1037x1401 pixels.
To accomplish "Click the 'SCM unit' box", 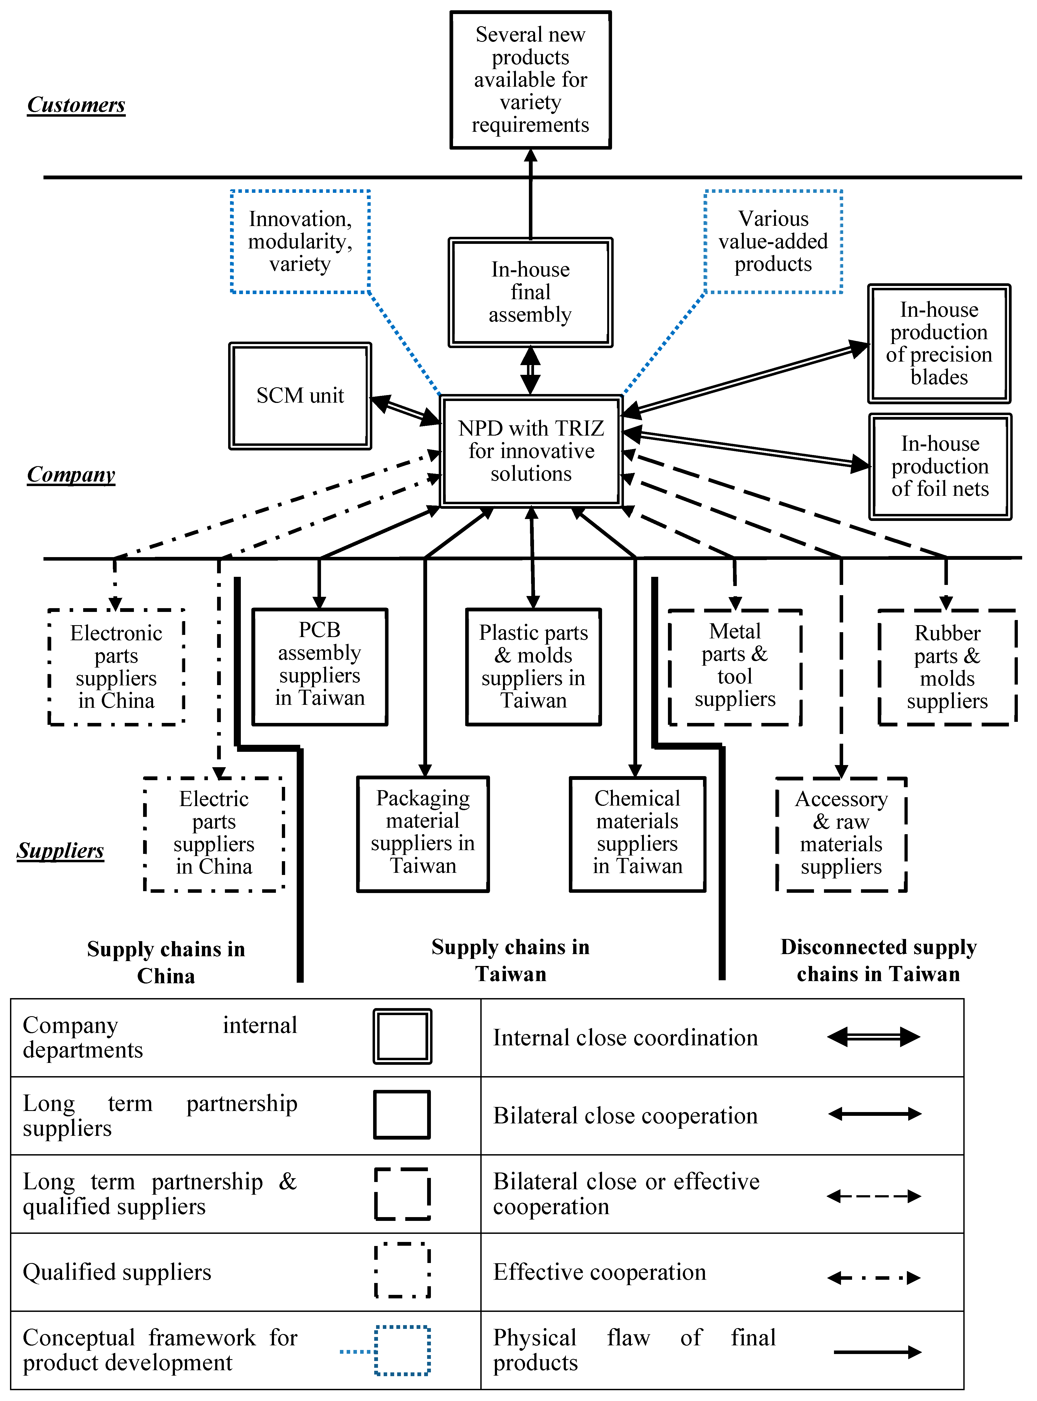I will pos(300,395).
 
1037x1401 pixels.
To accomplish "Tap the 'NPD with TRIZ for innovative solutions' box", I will pos(531,451).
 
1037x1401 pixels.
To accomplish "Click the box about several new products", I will pos(531,80).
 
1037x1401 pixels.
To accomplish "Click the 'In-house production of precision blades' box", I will pos(939,343).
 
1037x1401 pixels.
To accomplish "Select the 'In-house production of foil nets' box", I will pos(940,466).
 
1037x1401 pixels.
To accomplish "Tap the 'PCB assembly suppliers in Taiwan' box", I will pos(319,666).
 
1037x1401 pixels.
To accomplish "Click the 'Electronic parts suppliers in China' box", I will pos(116,666).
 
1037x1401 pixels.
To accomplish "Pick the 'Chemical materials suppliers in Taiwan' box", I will pos(637,834).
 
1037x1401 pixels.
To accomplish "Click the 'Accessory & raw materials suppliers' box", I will pos(841,834).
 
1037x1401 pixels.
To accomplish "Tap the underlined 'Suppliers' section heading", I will pos(60,851).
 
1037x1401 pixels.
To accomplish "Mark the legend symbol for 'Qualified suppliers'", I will pos(402,1271).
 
